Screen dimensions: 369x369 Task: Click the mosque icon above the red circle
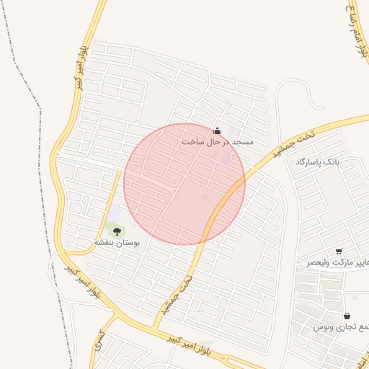click(x=218, y=130)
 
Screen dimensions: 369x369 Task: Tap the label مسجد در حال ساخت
click(x=218, y=142)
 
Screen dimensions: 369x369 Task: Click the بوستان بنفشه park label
click(x=119, y=244)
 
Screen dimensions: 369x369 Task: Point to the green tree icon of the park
click(x=117, y=231)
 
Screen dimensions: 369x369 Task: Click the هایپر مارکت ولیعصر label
click(x=337, y=262)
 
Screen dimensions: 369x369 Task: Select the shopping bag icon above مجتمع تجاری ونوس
click(x=347, y=316)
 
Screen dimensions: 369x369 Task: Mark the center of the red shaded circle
click(x=184, y=184)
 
